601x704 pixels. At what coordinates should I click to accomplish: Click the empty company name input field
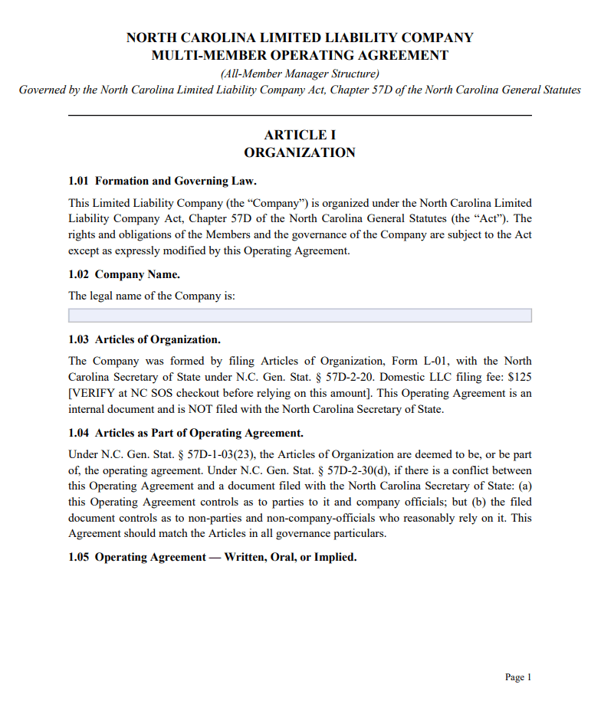tap(300, 316)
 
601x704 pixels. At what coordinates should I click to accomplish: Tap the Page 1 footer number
tap(518, 677)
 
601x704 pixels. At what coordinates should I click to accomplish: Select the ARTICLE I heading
tap(300, 135)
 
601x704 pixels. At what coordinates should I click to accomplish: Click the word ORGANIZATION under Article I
tap(300, 152)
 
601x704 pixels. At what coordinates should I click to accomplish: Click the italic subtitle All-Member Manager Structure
tap(300, 74)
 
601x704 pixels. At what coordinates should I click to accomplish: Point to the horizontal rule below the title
tap(300, 116)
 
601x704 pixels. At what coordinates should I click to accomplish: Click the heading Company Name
tap(137, 274)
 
